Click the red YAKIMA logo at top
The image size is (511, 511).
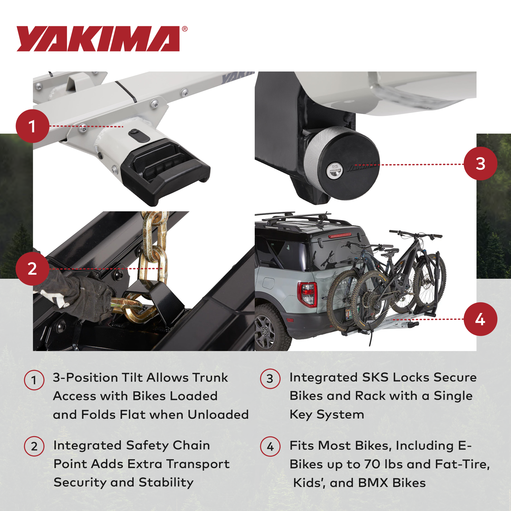[x=98, y=39]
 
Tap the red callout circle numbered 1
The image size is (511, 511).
[x=33, y=126]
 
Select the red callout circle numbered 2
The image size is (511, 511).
[x=32, y=268]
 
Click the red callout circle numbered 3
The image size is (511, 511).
[x=480, y=164]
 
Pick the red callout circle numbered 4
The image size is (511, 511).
[x=480, y=319]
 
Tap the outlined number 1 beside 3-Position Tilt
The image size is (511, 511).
[x=34, y=380]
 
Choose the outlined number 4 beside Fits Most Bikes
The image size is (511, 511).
[x=270, y=446]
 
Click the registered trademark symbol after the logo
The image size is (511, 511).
[x=185, y=29]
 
